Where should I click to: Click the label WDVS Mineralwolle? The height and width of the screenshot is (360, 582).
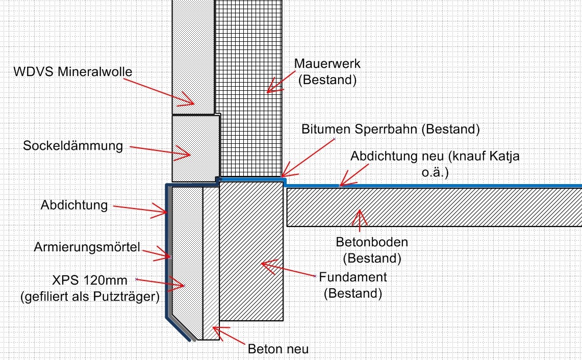pos(72,71)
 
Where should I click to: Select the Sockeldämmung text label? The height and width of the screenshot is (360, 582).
pos(73,146)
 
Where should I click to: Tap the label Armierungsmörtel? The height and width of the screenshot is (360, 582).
pos(87,247)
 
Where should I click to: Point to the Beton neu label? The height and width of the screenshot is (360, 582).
pos(278,349)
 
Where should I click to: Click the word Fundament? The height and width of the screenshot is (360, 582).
pos(353,277)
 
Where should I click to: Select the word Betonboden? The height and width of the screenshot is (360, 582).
pos(371,241)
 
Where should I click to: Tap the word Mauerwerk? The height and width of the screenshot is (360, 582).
pos(327,64)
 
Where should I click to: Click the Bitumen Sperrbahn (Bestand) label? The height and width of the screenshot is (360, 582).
pos(390,129)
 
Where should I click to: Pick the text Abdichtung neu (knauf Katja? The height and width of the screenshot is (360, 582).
pos(435,157)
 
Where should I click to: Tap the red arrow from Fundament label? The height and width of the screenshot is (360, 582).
pos(288,270)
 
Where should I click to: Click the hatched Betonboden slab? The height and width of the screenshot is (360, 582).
pos(434,207)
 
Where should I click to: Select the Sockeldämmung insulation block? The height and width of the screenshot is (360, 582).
pos(195,148)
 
